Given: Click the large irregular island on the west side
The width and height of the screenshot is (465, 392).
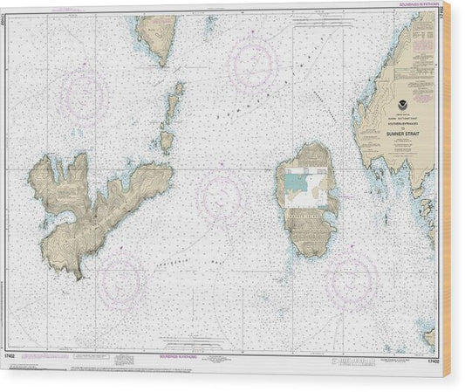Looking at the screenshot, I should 96,201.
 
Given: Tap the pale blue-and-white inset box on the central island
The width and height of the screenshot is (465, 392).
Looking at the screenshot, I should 306,186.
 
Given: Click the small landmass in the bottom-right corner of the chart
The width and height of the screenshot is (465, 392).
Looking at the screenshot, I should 429,335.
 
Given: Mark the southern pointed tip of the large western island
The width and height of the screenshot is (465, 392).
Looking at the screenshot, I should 79,274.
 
